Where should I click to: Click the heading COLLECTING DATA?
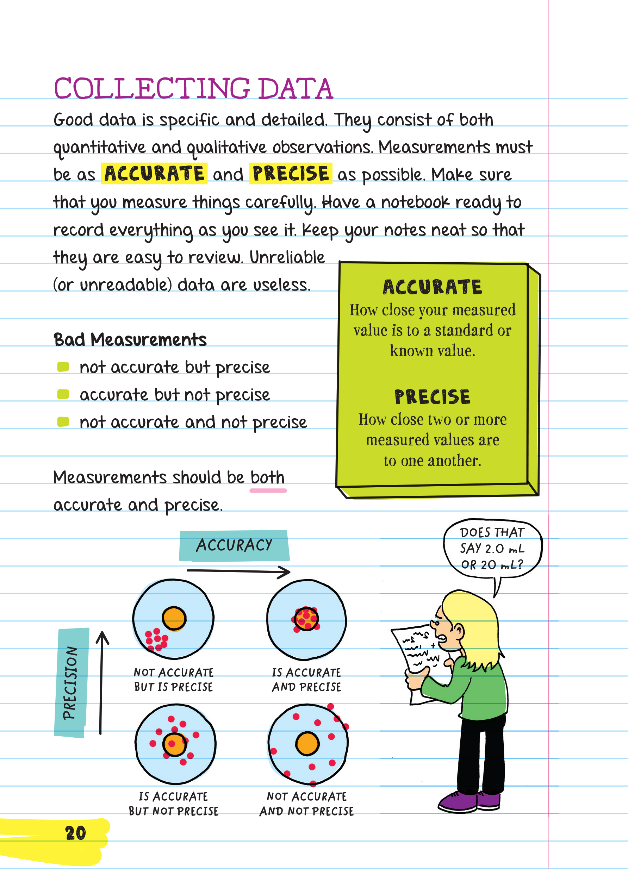point(193,88)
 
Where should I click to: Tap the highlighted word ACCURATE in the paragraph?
point(154,174)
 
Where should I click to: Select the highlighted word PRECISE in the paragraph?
point(291,174)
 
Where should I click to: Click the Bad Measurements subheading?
point(130,340)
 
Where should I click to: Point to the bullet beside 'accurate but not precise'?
point(63,394)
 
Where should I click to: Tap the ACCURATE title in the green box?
point(432,287)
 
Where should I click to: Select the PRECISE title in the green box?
point(432,397)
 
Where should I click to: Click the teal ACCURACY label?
point(234,545)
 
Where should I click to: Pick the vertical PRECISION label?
point(71,682)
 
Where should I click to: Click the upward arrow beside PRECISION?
point(101,682)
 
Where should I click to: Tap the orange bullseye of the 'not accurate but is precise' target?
point(174,618)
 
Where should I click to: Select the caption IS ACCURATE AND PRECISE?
point(306,680)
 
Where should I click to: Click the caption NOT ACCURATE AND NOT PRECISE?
point(306,804)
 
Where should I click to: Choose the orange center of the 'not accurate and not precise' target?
point(307,744)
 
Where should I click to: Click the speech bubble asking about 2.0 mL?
point(492,548)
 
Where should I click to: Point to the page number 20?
point(75,833)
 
